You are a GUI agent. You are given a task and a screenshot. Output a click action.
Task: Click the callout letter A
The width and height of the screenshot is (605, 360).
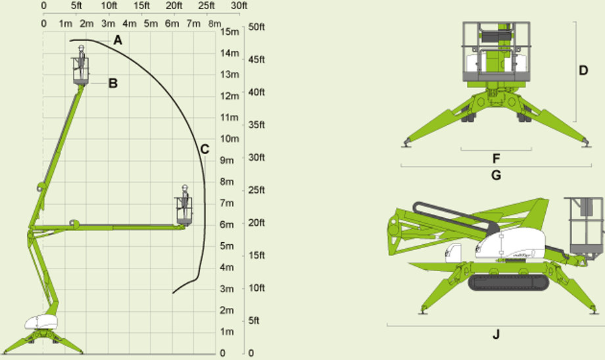tap(118, 39)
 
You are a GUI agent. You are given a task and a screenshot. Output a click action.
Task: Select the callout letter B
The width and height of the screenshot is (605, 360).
tap(113, 83)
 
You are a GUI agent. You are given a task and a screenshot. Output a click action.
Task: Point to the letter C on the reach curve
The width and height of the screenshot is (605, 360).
tap(205, 149)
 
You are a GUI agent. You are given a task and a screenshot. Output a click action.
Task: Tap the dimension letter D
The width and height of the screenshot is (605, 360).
tap(583, 70)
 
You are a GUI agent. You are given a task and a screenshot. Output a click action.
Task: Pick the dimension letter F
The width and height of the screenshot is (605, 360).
tap(496, 159)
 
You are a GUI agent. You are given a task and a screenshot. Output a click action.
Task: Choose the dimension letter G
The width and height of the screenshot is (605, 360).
tap(496, 175)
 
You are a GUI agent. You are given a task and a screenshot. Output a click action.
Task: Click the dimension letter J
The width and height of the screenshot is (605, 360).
tap(496, 334)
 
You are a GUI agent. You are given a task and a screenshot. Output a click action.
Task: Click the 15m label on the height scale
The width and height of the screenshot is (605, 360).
tap(230, 32)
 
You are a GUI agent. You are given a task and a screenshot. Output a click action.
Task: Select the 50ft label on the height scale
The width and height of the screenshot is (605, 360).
tap(256, 27)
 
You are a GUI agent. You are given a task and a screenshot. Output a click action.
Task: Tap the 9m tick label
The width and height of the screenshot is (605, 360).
tap(227, 160)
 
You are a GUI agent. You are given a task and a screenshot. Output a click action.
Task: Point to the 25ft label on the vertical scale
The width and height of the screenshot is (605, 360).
tap(256, 190)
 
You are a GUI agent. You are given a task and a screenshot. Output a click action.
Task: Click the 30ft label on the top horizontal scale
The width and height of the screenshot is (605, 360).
tap(239, 6)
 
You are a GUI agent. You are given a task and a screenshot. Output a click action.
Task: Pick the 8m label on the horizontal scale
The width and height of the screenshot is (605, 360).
tap(215, 24)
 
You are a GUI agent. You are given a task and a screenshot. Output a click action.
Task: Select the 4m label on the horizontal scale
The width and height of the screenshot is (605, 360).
tap(130, 24)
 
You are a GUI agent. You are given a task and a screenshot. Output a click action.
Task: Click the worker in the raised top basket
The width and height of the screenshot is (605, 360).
tap(82, 62)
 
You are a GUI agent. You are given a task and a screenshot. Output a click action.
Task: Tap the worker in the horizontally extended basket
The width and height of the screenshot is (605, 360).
tap(185, 201)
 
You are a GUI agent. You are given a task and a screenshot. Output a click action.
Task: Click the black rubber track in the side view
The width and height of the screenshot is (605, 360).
tap(508, 283)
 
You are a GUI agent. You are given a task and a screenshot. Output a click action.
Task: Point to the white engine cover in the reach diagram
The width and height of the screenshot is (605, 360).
tap(41, 322)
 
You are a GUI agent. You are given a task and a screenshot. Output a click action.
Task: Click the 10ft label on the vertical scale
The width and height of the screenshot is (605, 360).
tap(256, 288)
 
